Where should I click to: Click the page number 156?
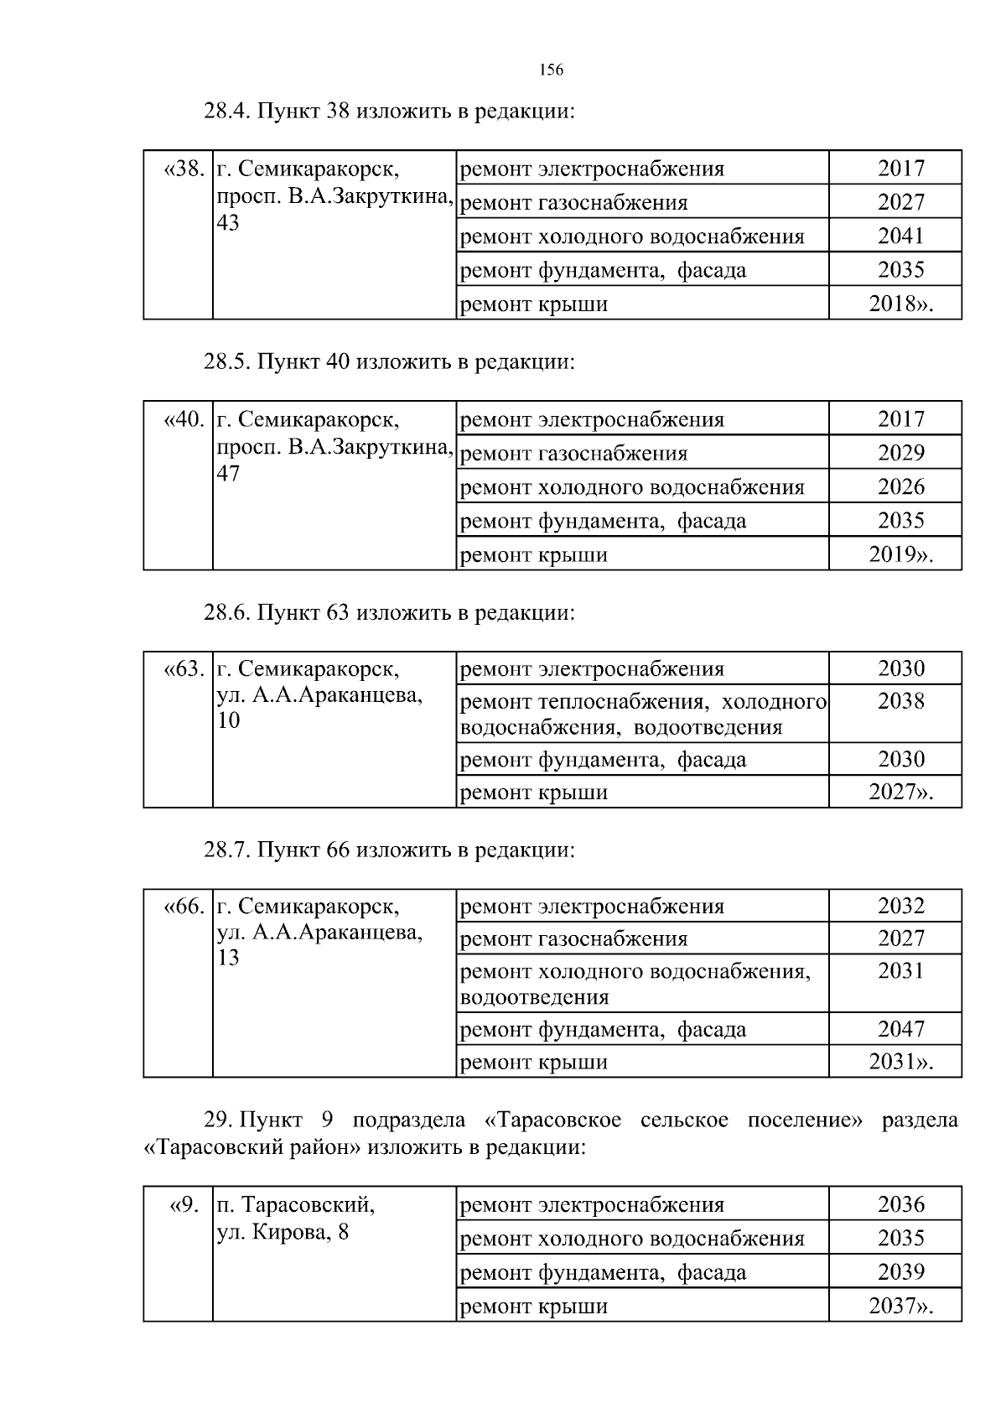[x=551, y=70]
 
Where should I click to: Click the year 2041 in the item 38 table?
[x=900, y=236]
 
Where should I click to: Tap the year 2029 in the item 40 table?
[x=900, y=454]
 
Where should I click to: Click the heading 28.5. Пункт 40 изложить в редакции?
[x=389, y=362]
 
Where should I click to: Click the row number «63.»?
[x=183, y=669]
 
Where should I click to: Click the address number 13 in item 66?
[x=228, y=958]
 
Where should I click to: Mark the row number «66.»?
[x=183, y=907]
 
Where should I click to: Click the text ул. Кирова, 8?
[x=283, y=1233]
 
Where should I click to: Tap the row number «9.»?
[x=184, y=1205]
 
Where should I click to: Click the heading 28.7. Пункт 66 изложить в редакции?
[x=389, y=850]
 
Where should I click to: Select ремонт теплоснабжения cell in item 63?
[x=643, y=714]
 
